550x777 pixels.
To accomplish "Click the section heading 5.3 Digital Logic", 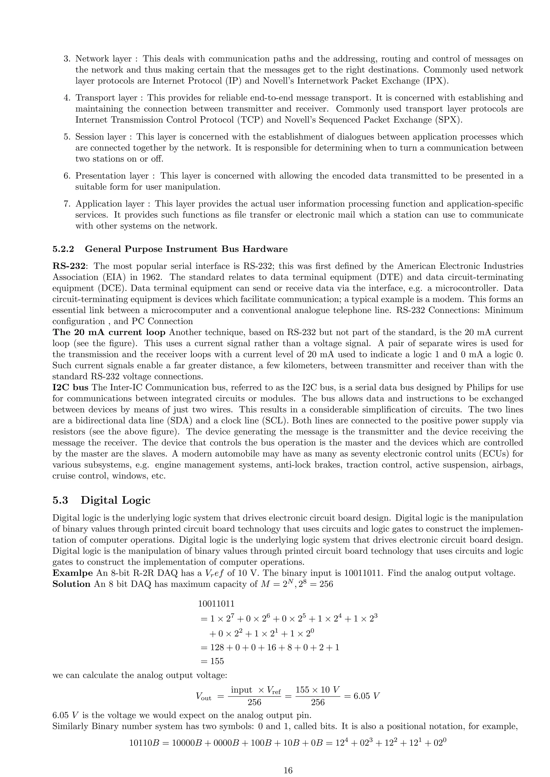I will [101, 500].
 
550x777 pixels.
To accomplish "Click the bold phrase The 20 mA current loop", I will [109, 332].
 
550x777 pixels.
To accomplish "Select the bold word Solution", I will [71, 584].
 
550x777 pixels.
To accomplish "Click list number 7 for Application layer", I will [66, 204].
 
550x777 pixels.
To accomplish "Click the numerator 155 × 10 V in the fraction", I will [318, 690].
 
